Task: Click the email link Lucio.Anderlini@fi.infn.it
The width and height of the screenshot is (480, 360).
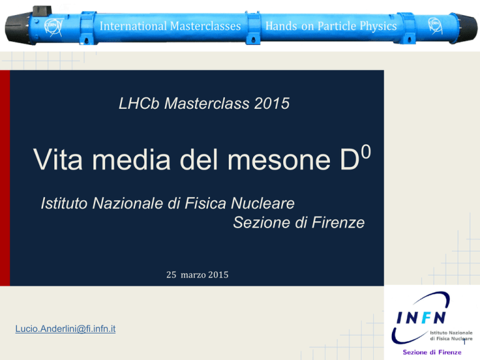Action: [66, 329]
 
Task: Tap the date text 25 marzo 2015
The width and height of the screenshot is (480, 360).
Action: [197, 274]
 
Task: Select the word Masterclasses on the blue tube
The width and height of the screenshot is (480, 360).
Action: [206, 26]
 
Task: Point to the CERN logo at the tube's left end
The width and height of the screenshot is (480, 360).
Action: [54, 27]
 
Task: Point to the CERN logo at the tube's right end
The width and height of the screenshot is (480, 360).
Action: [435, 26]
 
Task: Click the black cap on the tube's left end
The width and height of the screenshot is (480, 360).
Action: [17, 29]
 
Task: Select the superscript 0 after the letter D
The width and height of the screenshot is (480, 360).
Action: [366, 151]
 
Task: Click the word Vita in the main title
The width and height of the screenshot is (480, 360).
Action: [58, 159]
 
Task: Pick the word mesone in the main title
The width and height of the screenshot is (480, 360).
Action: [279, 159]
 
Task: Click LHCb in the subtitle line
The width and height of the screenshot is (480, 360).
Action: [139, 103]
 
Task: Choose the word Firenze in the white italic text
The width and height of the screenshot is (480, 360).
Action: [338, 222]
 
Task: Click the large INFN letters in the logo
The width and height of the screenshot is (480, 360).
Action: [421, 317]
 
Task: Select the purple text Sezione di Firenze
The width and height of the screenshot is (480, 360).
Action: [432, 352]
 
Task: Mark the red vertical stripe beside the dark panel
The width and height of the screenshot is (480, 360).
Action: [5, 178]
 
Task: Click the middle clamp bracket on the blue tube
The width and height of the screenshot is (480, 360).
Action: [253, 28]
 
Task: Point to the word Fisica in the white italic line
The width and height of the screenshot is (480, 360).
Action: [205, 203]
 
